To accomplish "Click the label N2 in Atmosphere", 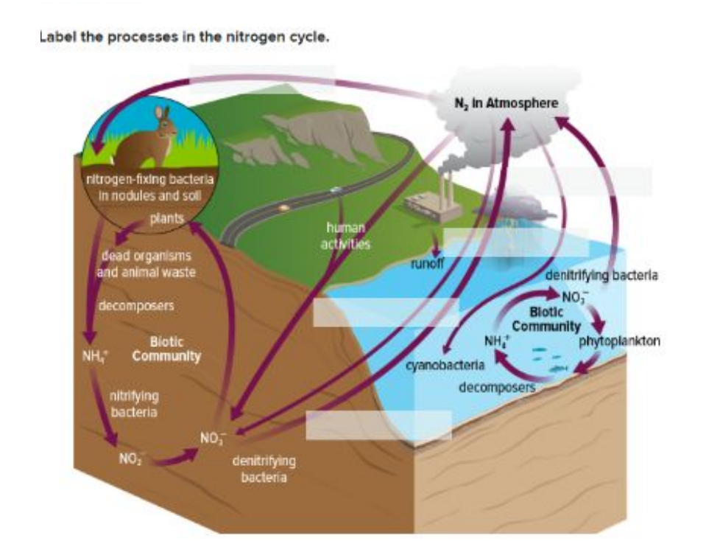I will pos(507,103).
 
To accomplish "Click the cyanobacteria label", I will pos(445,365).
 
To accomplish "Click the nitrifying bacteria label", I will pos(133,403).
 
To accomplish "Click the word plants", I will pos(166,219).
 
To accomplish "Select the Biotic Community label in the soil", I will pos(166,349).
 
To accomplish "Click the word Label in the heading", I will pos(56,38).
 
